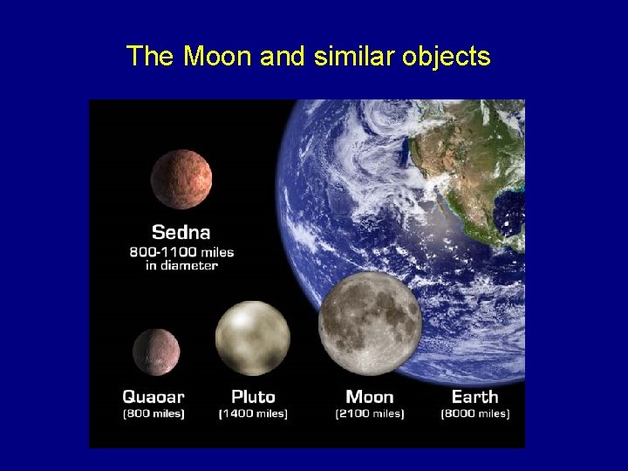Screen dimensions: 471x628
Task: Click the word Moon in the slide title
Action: tap(217, 57)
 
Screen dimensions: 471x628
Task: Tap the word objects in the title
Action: tap(447, 58)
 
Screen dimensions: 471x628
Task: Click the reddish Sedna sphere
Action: tap(181, 179)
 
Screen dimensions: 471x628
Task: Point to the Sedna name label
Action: tap(181, 232)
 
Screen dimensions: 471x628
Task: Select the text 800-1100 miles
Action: tap(181, 252)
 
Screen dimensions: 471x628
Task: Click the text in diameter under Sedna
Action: tap(181, 265)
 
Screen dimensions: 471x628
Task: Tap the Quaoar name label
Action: tap(154, 397)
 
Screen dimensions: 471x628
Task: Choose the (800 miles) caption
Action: tap(154, 413)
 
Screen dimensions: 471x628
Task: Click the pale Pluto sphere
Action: tap(253, 338)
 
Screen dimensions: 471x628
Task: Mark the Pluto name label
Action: tap(253, 397)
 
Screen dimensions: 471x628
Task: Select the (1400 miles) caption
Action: tap(253, 413)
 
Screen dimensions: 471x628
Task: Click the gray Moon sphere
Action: tap(370, 323)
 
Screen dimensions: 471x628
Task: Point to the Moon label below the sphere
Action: tap(370, 397)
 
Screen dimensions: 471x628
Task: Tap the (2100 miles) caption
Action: tap(370, 413)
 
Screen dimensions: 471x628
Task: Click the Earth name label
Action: tap(475, 397)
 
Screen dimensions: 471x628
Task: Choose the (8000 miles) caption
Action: tap(475, 413)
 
